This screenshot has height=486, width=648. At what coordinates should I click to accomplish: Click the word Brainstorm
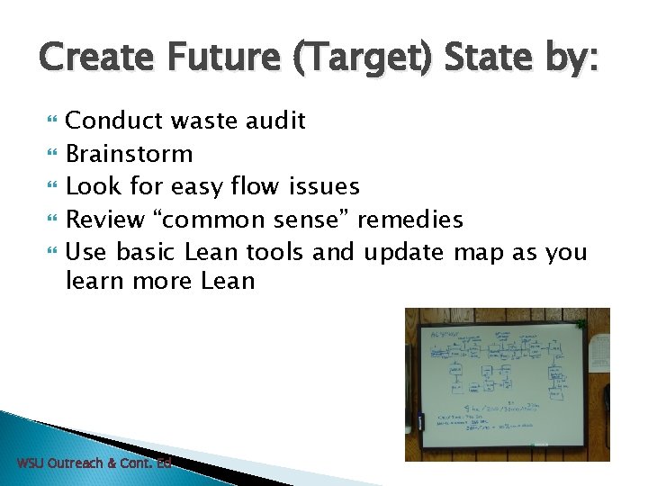click(130, 154)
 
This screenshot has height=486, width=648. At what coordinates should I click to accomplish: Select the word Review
click(105, 219)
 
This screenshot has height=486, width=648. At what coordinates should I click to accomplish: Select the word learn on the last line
click(95, 281)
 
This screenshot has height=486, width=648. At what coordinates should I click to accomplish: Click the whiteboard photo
click(507, 384)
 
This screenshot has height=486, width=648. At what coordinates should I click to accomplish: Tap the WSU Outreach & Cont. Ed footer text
click(94, 463)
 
